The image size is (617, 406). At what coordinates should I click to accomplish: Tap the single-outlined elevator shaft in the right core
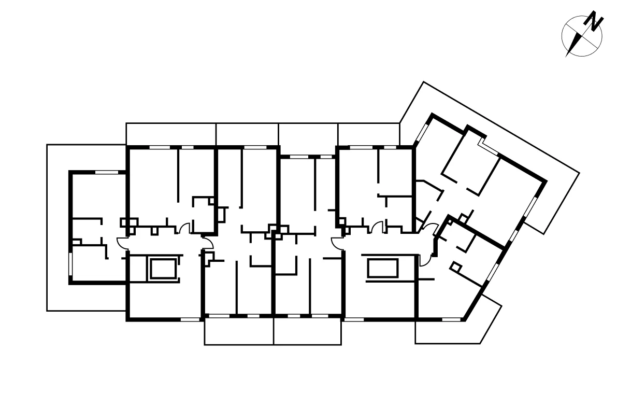point(382,269)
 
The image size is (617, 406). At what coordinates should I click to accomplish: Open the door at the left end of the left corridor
point(122,242)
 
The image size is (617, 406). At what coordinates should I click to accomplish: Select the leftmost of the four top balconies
point(171,134)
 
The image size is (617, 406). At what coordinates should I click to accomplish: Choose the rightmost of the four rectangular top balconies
point(368,134)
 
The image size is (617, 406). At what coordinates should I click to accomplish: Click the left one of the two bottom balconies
point(239,331)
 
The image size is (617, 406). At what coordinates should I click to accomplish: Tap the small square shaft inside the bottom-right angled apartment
point(455,267)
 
